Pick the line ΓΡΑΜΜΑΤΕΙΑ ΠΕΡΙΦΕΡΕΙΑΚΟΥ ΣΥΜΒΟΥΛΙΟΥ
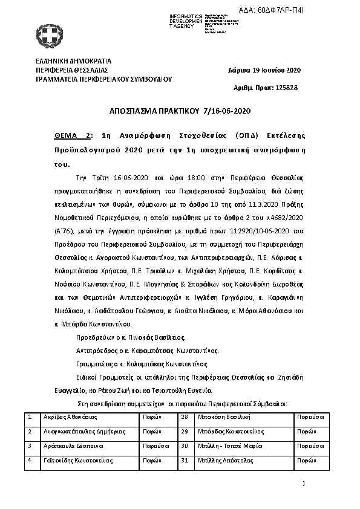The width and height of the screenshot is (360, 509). (104, 79)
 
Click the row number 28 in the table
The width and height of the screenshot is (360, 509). (186, 417)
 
